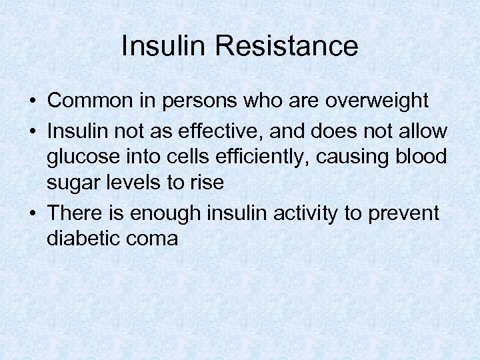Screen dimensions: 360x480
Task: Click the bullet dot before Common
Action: [x=32, y=101]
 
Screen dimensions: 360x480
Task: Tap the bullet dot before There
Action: [x=32, y=214]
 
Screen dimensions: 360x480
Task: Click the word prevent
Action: [x=407, y=214]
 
